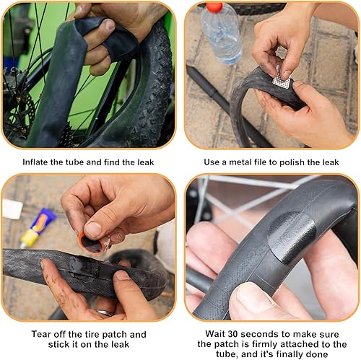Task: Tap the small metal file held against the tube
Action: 282,81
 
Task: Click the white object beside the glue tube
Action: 12,209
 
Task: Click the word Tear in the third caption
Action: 41,335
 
